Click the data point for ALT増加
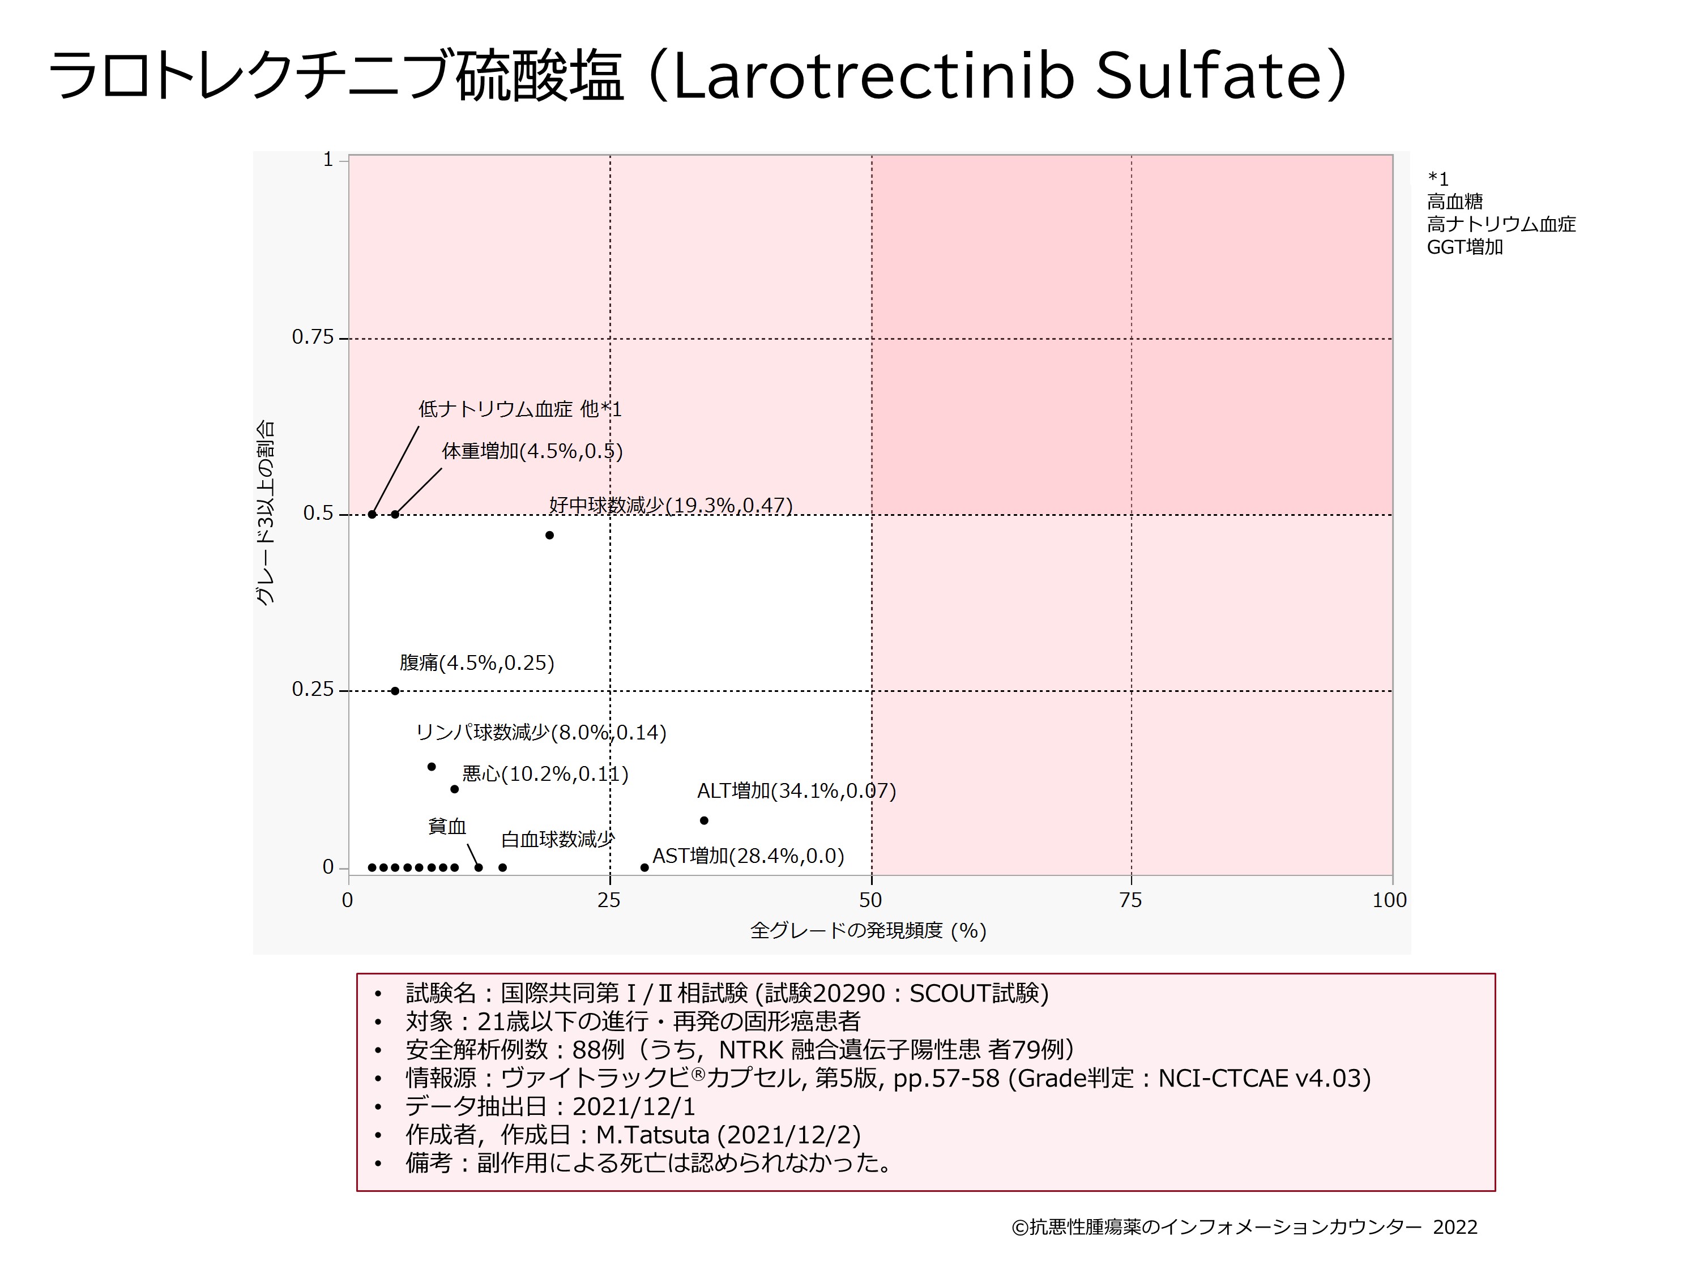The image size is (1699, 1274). (x=703, y=820)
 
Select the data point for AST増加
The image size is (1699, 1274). (x=644, y=868)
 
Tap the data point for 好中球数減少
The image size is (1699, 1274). (x=549, y=535)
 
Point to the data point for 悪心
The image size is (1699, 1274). (x=454, y=789)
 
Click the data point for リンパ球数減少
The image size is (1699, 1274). (x=432, y=767)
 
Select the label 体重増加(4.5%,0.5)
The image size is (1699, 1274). (x=532, y=451)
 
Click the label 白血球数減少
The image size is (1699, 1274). (x=558, y=839)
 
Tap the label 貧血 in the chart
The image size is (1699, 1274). (x=447, y=826)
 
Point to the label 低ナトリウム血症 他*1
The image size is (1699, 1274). (x=520, y=409)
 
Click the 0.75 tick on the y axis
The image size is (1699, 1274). (x=312, y=338)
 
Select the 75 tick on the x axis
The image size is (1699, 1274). (x=1130, y=900)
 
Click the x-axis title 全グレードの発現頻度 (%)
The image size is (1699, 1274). (x=868, y=931)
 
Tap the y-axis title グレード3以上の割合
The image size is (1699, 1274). (x=264, y=513)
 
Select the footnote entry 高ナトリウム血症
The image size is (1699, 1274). (x=1501, y=224)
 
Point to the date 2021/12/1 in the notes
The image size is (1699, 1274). (x=634, y=1106)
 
